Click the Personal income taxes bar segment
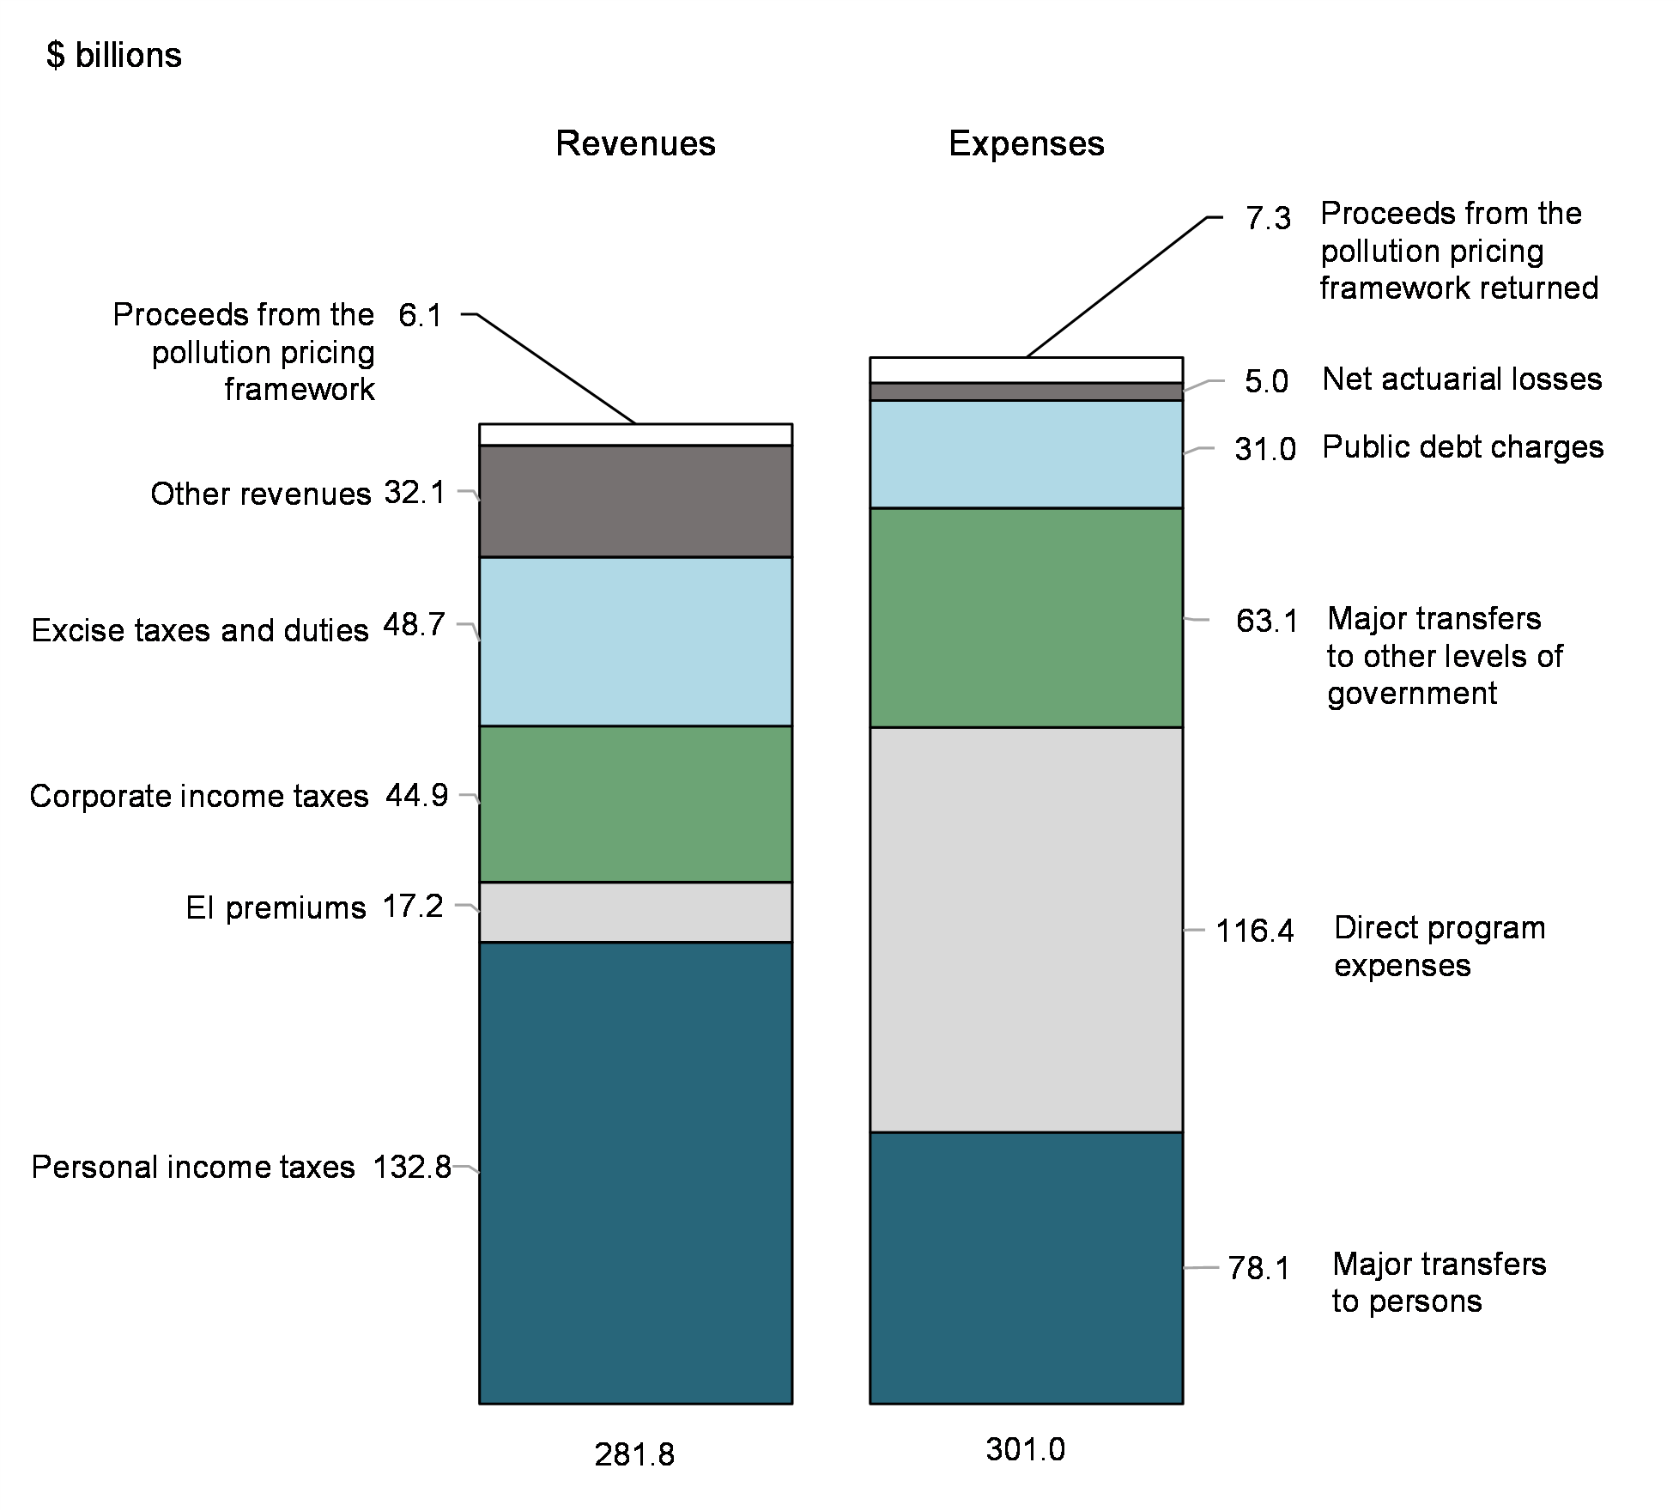point(635,1173)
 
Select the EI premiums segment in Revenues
point(635,912)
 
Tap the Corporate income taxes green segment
point(635,804)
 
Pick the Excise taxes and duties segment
point(635,641)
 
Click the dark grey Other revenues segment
point(635,501)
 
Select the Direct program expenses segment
point(1026,930)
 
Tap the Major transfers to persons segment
point(1026,1268)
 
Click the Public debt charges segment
point(1026,454)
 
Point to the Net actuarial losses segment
point(1026,391)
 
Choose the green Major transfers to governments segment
point(1026,617)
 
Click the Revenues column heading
point(635,143)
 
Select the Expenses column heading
point(1026,143)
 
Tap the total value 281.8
point(634,1454)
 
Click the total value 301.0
point(1025,1449)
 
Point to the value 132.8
point(412,1167)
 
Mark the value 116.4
point(1254,931)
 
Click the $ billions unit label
point(114,56)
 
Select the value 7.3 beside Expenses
point(1268,219)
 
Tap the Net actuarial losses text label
point(1462,379)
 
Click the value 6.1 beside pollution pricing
point(420,316)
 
